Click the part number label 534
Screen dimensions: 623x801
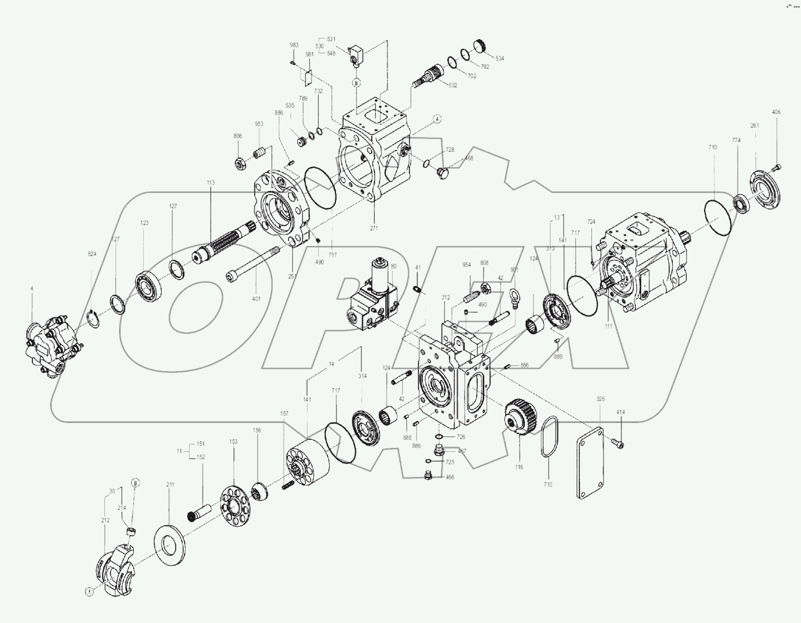point(500,59)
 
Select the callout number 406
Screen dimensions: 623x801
point(776,112)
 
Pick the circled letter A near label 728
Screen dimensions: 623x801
point(437,119)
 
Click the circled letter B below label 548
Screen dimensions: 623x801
point(356,83)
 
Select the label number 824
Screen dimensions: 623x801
point(92,254)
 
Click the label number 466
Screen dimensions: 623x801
point(450,477)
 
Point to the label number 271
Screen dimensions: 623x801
point(374,228)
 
